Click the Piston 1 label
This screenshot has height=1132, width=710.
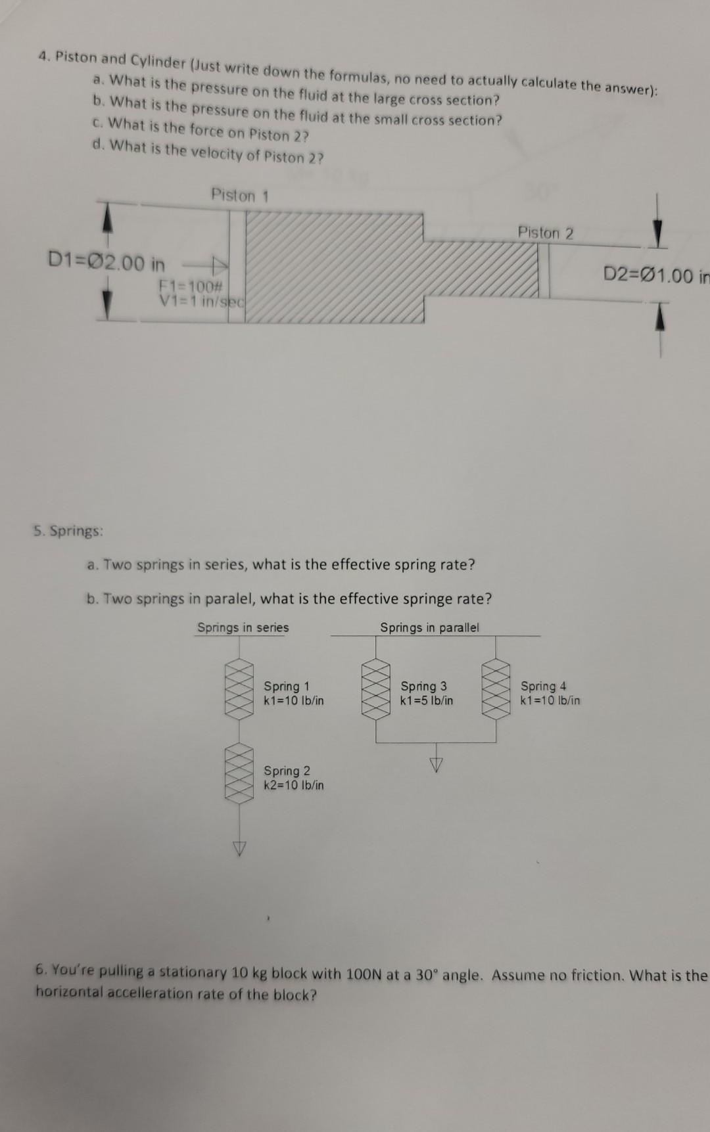(240, 195)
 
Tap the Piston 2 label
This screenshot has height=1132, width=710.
(545, 233)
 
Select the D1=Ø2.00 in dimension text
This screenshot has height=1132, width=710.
(106, 263)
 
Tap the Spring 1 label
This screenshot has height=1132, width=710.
(287, 687)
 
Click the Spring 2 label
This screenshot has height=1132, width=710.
(287, 771)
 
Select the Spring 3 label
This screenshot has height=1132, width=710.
(423, 687)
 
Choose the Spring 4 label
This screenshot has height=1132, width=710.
(543, 687)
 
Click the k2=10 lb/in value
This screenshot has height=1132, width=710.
(293, 785)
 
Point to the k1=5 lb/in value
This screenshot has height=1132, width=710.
(427, 700)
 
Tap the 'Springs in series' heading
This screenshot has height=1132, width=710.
(243, 627)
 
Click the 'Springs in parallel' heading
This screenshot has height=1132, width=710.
(429, 627)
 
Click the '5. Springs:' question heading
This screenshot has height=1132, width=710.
(69, 531)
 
